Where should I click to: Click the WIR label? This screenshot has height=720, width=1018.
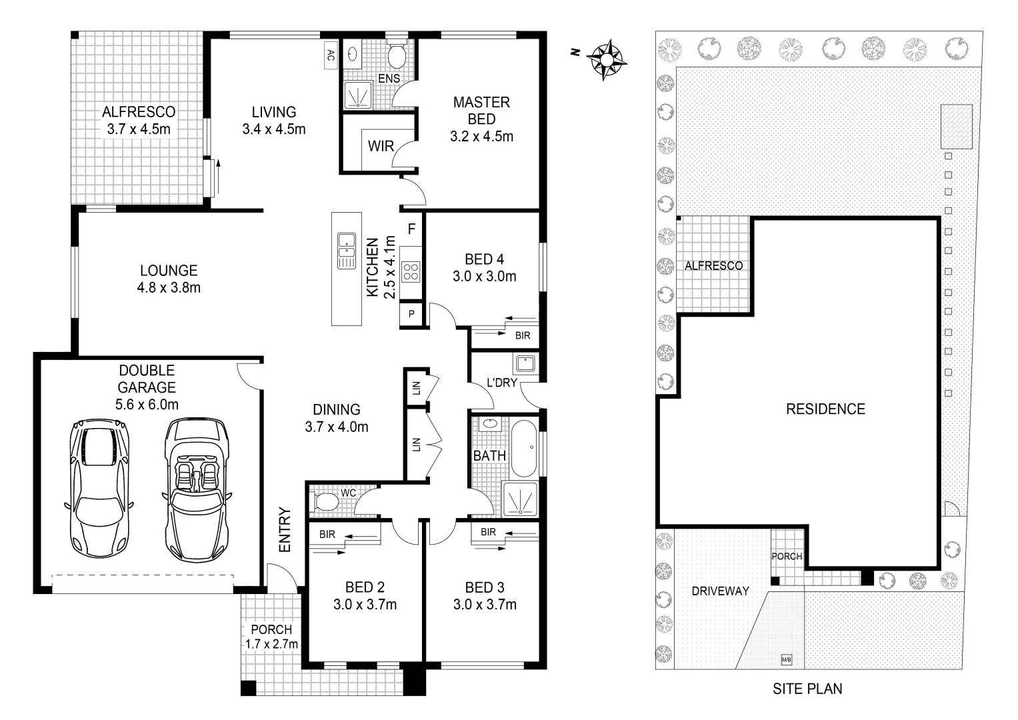click(x=381, y=146)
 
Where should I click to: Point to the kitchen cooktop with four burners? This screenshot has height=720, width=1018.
click(x=411, y=271)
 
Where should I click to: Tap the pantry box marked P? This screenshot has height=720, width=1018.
click(x=411, y=314)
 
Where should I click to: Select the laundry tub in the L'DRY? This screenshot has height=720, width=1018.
click(x=524, y=365)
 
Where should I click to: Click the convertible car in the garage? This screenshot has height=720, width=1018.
click(x=196, y=491)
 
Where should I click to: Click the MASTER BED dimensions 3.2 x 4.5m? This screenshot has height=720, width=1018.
click(x=481, y=137)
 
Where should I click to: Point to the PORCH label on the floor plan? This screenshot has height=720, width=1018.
click(x=271, y=629)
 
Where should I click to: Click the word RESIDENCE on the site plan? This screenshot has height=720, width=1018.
click(x=825, y=409)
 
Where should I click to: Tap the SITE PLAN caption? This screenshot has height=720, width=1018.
click(x=807, y=689)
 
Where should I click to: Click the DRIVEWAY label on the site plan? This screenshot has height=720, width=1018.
click(x=720, y=591)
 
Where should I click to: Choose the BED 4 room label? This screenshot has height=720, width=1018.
click(x=484, y=259)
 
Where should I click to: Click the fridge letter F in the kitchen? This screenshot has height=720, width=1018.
click(x=411, y=229)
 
